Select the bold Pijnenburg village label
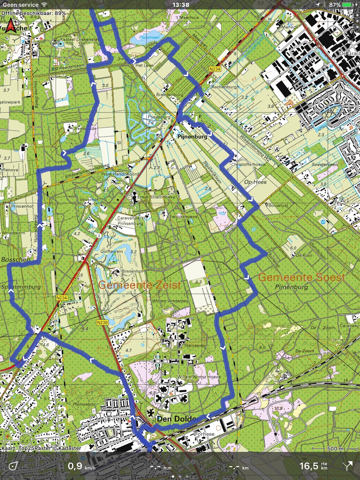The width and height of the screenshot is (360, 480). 192,137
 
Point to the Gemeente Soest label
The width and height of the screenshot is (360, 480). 301,277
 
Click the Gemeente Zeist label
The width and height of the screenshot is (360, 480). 139,285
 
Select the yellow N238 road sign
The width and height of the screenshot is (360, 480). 102,322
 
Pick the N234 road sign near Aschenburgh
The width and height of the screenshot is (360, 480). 215,69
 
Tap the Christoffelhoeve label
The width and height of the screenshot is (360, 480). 248,164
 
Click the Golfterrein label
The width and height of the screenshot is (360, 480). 112,251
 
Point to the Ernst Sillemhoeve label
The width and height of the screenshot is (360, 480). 156,197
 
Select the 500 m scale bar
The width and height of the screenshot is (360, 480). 335,448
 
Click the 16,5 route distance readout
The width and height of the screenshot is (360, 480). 309,466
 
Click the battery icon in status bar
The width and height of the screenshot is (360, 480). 348,5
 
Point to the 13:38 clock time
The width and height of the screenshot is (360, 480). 181,5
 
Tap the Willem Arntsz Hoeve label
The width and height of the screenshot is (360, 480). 199,377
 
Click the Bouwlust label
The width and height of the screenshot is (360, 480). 278,205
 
